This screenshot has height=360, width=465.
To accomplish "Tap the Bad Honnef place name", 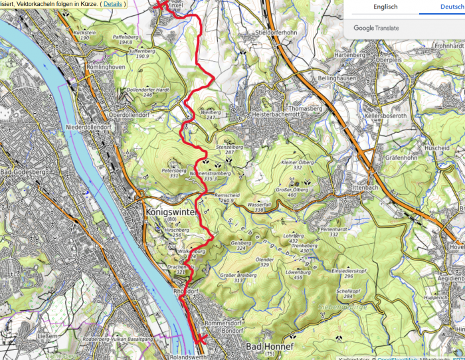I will click(270, 347).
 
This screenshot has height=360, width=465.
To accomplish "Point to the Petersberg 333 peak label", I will click(174, 173).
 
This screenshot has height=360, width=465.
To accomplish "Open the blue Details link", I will click(112, 4).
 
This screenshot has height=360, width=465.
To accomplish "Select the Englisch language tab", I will click(385, 7).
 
